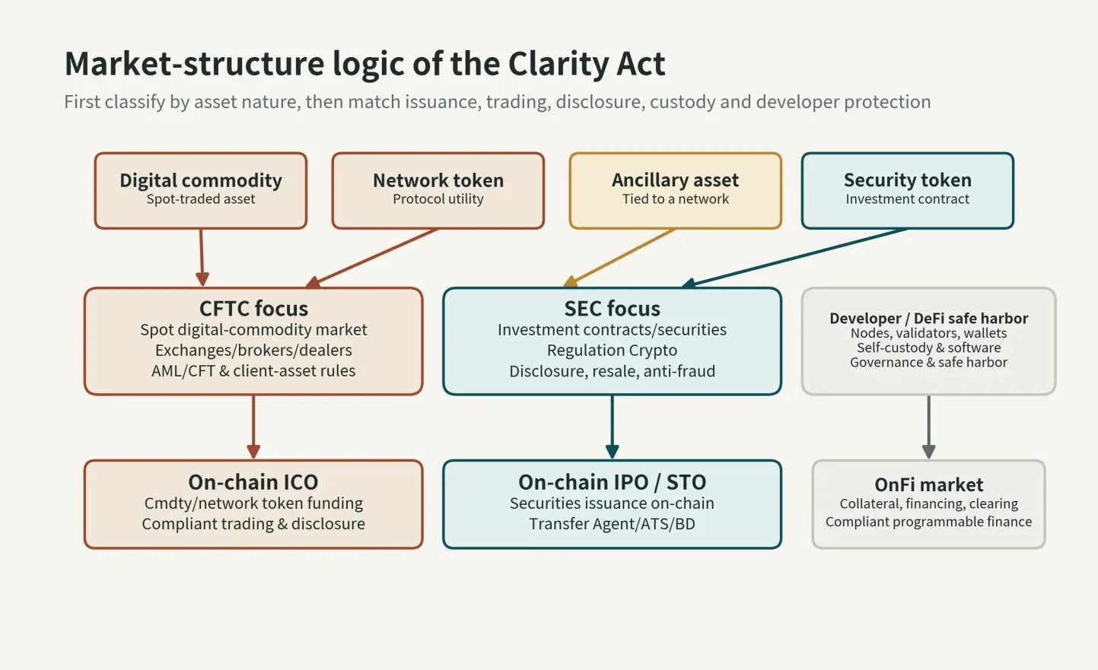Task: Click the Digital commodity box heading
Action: [x=200, y=180]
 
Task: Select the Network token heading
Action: [x=438, y=180]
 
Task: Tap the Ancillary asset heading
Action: [x=675, y=180]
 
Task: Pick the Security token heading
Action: [x=907, y=180]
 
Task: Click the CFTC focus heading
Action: [x=253, y=309]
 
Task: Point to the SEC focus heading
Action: [x=612, y=309]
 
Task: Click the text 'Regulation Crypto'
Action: [x=612, y=350]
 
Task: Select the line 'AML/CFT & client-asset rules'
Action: [x=253, y=371]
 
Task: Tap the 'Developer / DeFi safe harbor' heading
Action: [x=928, y=319]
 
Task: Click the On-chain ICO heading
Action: [x=253, y=482]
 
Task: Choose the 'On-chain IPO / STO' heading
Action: [x=612, y=482]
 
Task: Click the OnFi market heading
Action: [x=928, y=484]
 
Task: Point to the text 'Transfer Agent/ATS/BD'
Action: [x=612, y=523]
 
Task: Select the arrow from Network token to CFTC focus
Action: [x=371, y=258]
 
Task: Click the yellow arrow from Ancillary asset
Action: [x=619, y=258]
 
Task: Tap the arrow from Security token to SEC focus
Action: [x=794, y=258]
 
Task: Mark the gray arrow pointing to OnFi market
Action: [x=928, y=427]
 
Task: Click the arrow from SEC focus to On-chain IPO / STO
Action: [x=612, y=427]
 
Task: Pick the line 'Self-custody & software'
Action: [x=928, y=348]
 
